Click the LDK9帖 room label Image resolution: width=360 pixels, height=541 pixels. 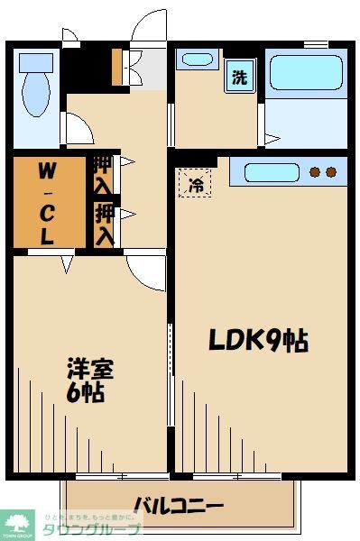click(259, 340)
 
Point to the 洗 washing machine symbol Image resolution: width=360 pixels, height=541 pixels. click(239, 78)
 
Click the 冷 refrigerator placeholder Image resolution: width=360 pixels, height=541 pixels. click(195, 184)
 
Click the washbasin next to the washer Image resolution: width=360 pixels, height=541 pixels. click(195, 61)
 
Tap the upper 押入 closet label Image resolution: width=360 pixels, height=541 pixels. click(104, 175)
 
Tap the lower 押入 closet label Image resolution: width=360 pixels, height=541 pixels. click(104, 225)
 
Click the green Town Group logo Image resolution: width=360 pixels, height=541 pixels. click(18, 524)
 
